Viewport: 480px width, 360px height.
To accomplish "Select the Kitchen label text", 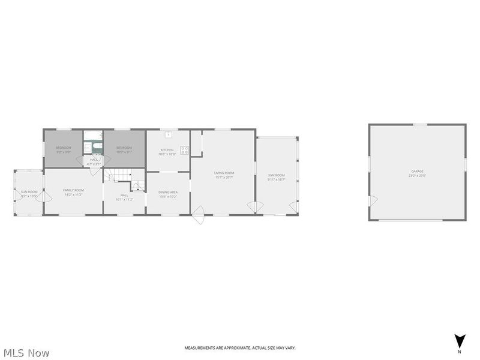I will pos(167,152).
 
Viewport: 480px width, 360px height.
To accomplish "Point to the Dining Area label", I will pos(168,194).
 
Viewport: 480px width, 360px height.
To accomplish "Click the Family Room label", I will pos(74,192).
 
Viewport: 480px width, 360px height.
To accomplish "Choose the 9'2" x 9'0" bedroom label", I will pos(63,150).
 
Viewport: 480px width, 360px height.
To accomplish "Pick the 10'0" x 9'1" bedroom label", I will pos(124,150).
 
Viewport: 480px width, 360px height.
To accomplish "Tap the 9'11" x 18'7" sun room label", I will pos(277,177).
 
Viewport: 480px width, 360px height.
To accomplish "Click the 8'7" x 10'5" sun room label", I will pos(29,194).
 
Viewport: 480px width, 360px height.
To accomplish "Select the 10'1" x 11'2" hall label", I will pos(124,197).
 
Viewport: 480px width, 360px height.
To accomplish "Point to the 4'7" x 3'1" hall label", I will pos(94,161).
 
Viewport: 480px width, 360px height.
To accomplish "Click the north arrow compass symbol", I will pos(459,341).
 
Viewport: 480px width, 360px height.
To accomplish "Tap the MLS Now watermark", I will pos(26,353).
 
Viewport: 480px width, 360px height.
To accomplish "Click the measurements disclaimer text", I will pos(239,348).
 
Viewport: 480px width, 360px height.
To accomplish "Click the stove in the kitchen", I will pos(185,150).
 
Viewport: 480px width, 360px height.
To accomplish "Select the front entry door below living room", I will pos(199,214).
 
